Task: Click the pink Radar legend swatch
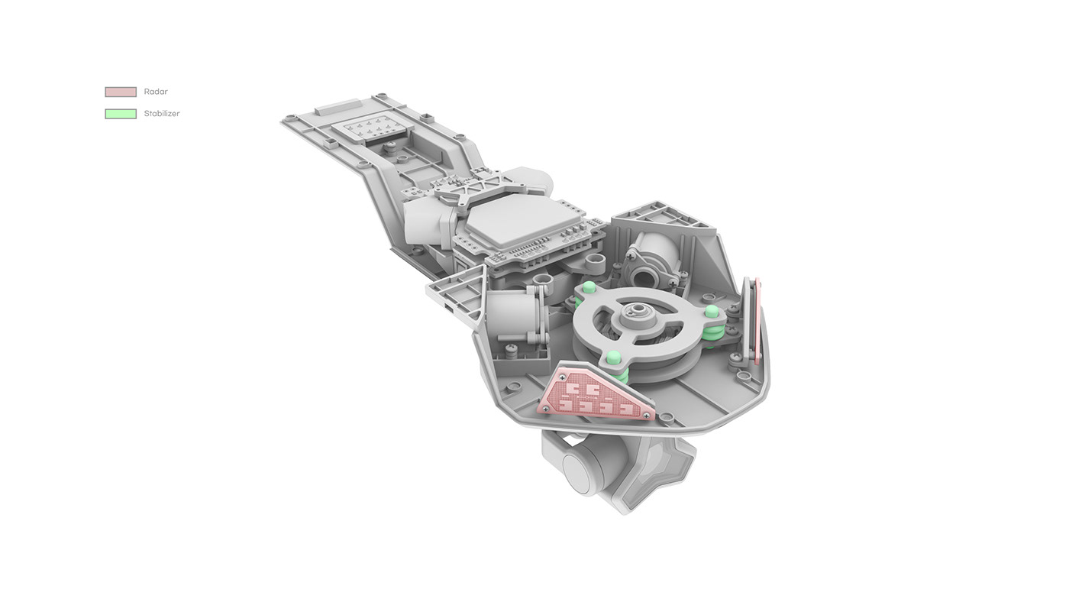coord(121,92)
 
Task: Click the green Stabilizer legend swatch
coord(121,114)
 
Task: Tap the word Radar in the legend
coord(156,92)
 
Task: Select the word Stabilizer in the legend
coord(162,114)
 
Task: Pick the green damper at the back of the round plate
coord(589,288)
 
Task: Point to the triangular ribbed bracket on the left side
coord(457,294)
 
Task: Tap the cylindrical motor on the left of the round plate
coord(513,317)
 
